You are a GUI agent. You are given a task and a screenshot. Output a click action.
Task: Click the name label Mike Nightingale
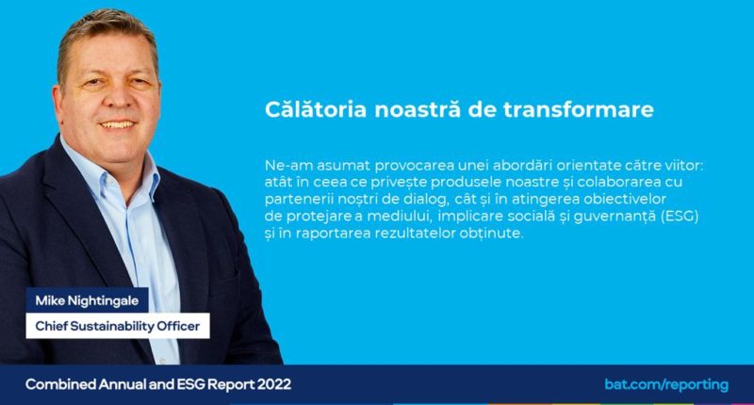pos(87,300)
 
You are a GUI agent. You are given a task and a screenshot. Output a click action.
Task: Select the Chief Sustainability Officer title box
pos(118,326)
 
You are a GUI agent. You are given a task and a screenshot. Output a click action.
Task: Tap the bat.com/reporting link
pos(666,385)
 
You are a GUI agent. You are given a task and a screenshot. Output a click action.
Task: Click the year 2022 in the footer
pos(274,384)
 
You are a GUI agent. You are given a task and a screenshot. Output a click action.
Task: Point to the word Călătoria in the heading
pos(316,109)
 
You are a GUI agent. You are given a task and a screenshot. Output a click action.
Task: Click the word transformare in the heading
pos(579,109)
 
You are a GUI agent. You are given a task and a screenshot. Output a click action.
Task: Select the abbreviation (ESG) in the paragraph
pos(680,217)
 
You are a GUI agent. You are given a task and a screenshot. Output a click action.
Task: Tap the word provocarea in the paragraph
pos(415,166)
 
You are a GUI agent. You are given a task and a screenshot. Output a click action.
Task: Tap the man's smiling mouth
pos(117,125)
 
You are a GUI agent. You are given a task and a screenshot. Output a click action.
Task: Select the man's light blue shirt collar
pos(109,170)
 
